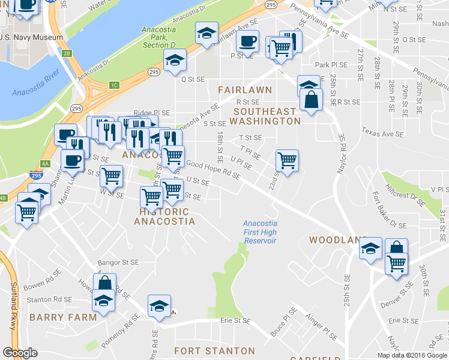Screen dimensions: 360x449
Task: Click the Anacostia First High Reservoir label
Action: (260, 232)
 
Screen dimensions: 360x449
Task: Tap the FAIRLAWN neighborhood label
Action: (245, 89)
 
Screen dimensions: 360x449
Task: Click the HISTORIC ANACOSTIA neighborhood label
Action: (164, 217)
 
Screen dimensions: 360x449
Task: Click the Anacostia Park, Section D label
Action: (158, 37)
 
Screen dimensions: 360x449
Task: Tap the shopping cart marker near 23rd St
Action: (287, 161)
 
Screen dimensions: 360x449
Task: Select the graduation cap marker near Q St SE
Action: (175, 60)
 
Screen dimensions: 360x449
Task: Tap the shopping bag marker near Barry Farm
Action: (104, 284)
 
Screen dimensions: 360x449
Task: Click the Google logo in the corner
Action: (20, 353)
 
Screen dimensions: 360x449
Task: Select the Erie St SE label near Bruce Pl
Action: (235, 321)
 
